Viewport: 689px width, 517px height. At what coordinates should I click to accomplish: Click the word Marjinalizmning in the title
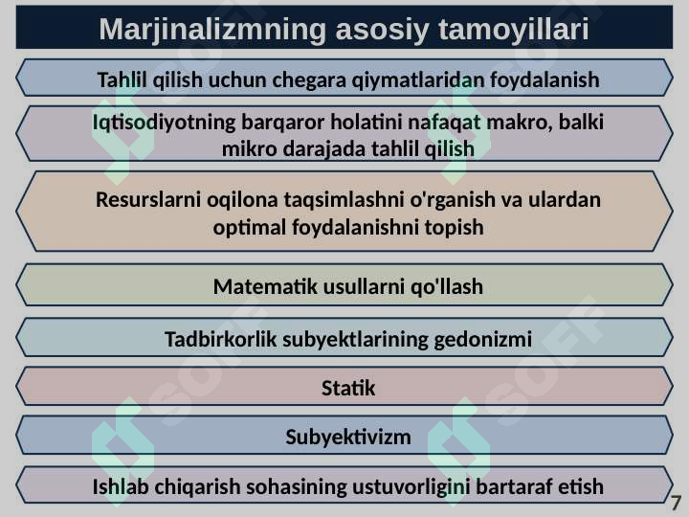(212, 30)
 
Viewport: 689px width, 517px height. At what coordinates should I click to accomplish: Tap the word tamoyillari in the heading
(513, 30)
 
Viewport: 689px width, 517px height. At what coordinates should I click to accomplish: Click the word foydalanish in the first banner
(544, 80)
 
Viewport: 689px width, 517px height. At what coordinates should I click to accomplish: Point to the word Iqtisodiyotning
(164, 123)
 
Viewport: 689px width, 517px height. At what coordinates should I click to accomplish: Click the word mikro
(249, 149)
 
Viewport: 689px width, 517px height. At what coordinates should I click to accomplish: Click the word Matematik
(265, 286)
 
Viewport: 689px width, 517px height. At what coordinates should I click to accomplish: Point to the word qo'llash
(447, 287)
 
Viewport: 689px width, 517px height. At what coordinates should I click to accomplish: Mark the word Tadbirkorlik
(221, 339)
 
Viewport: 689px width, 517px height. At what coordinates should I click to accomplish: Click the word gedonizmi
(483, 340)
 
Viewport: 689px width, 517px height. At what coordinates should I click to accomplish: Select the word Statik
(348, 388)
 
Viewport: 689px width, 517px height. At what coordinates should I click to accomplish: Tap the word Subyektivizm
(348, 438)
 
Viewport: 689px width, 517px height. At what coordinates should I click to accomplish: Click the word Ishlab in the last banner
(121, 486)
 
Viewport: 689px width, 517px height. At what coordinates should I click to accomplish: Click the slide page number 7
(676, 503)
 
